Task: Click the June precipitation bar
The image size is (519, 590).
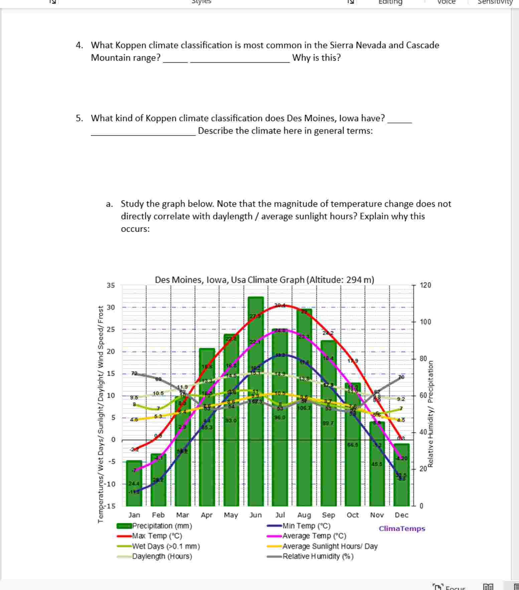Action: [x=256, y=434]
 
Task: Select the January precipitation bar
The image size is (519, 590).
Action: [x=134, y=487]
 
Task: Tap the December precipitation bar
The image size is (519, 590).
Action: [x=401, y=480]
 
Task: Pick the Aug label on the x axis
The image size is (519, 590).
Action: [x=304, y=515]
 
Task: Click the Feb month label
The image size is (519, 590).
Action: [x=158, y=515]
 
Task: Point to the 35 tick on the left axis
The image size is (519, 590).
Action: [x=111, y=285]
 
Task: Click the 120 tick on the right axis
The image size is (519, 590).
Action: [x=425, y=285]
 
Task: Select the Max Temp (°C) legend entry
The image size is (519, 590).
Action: [x=157, y=536]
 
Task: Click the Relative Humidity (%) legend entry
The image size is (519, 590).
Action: [x=318, y=556]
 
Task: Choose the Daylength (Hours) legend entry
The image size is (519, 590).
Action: [x=162, y=556]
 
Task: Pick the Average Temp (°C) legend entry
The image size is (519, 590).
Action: [x=314, y=536]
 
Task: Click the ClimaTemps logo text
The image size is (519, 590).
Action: [x=402, y=529]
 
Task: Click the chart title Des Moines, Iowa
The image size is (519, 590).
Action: [x=264, y=280]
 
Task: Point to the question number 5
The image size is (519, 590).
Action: [x=79, y=118]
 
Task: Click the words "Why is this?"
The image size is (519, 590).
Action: [x=316, y=58]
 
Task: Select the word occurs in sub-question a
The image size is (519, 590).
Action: [x=135, y=229]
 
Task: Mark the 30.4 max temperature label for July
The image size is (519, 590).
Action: [x=280, y=305]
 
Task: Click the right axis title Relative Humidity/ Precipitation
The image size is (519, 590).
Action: [x=431, y=414]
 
